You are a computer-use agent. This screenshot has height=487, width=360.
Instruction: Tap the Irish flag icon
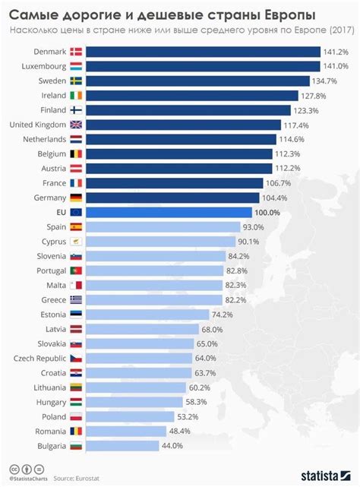pyautogui.click(x=76, y=95)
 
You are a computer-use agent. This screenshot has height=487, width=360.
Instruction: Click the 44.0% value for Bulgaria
pyautogui.click(x=172, y=446)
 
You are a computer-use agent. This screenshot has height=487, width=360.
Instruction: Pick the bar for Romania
pyautogui.click(x=125, y=431)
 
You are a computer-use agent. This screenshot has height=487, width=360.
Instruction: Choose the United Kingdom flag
pyautogui.click(x=76, y=125)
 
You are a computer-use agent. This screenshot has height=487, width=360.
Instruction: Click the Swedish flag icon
pyautogui.click(x=76, y=81)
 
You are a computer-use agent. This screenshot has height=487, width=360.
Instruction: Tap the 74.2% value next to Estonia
pyautogui.click(x=222, y=315)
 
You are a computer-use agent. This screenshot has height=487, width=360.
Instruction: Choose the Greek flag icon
pyautogui.click(x=76, y=299)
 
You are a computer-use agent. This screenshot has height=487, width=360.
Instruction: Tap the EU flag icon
pyautogui.click(x=76, y=212)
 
